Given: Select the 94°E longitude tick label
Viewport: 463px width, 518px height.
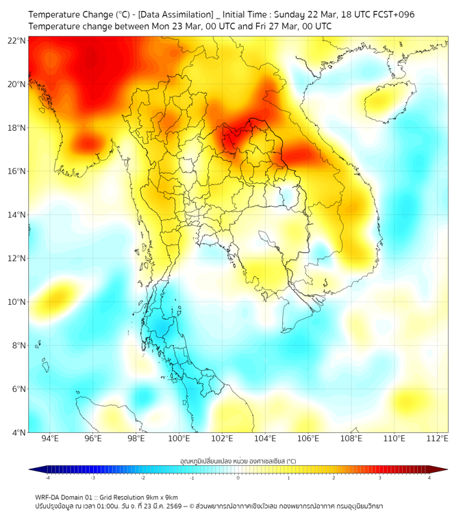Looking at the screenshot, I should [x=50, y=439].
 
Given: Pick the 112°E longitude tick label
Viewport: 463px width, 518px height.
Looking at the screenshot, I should [x=438, y=439].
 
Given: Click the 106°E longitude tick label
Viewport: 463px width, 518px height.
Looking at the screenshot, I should [x=308, y=439].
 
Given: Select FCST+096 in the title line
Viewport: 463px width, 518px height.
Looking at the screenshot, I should [x=392, y=14].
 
